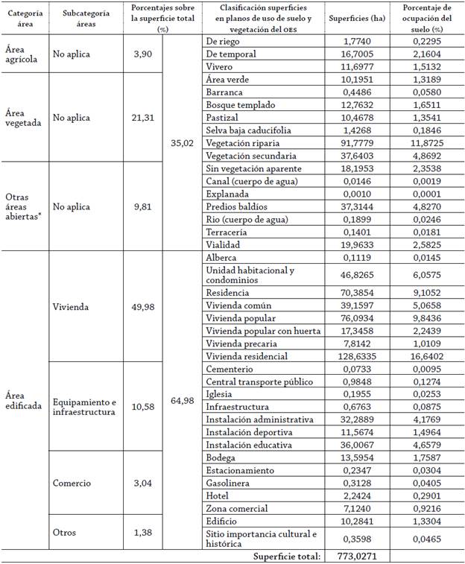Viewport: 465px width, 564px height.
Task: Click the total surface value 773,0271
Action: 356,556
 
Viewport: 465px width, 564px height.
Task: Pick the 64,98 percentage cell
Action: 183,401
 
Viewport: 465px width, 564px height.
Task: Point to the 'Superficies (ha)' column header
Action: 356,19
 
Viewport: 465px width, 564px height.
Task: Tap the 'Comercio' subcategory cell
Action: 72,483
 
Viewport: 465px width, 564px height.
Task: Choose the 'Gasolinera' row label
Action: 228,483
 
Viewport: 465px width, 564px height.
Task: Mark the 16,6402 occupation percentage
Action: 426,357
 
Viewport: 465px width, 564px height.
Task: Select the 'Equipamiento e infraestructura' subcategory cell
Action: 84,406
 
